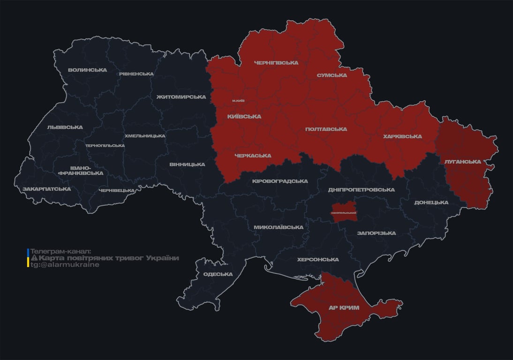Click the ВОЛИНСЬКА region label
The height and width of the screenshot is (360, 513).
coord(87,70)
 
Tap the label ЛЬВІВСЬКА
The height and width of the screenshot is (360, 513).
coord(65,127)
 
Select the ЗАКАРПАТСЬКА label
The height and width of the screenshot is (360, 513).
coord(46,189)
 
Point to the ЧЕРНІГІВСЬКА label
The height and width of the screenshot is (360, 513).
coord(276,63)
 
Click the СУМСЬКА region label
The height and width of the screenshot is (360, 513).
coord(332,75)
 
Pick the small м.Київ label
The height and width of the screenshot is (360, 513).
coord(238,101)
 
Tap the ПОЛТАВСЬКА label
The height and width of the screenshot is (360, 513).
coord(326,129)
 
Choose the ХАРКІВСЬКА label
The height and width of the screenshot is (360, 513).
coord(402,136)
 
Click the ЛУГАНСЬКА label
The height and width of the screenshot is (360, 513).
coord(463,161)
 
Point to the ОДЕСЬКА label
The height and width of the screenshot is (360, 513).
coord(218,274)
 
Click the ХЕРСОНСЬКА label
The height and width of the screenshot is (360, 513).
coord(318,259)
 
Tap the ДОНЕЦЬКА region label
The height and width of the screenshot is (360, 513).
coord(431,202)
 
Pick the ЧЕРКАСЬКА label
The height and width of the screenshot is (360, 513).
coord(253,156)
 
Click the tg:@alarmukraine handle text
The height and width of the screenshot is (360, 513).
coord(65,265)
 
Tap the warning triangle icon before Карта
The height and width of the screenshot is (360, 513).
coord(34,258)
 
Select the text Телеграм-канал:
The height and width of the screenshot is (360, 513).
coord(61,252)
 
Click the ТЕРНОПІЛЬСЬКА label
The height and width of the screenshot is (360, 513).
coord(105,145)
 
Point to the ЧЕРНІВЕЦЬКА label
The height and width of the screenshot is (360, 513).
coord(117,190)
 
